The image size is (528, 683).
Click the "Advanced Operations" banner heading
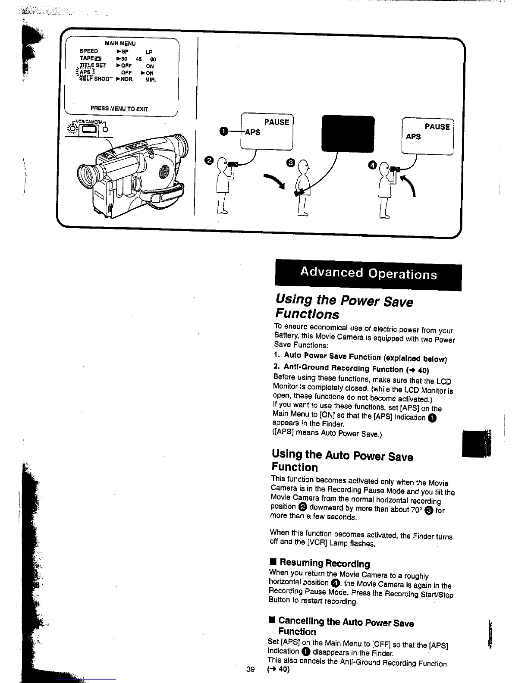pyautogui.click(x=368, y=273)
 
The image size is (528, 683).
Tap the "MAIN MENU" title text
pyautogui.click(x=120, y=44)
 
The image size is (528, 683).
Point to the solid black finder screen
pyautogui.click(x=348, y=134)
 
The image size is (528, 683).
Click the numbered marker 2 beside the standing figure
pyautogui.click(x=209, y=160)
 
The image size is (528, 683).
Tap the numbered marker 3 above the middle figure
pyautogui.click(x=290, y=162)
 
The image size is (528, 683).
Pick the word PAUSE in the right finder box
pyautogui.click(x=437, y=127)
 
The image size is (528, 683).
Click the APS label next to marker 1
pyautogui.click(x=252, y=132)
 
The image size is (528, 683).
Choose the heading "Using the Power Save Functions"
pyautogui.click(x=344, y=307)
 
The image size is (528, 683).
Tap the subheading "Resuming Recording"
pyautogui.click(x=324, y=563)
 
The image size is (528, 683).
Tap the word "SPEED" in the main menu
pyautogui.click(x=89, y=51)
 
